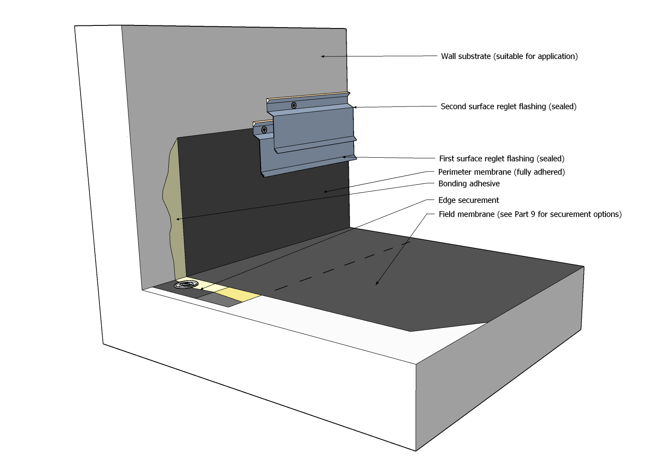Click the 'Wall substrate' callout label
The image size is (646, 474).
[509, 56]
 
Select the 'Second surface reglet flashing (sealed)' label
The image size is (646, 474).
[508, 106]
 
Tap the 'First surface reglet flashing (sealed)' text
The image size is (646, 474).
[502, 159]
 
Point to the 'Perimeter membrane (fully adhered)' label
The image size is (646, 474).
[501, 172]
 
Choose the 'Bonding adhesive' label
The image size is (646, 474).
[469, 184]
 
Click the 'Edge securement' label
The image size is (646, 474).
[469, 200]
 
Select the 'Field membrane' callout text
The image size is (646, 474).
[530, 214]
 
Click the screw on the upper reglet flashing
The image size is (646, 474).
[294, 105]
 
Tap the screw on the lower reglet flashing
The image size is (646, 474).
[264, 129]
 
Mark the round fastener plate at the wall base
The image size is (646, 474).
[186, 284]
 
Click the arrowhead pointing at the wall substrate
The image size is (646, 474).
[322, 56]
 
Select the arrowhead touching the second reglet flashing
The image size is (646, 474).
[354, 107]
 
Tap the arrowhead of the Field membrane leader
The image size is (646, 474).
[377, 284]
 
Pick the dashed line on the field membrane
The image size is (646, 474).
[342, 265]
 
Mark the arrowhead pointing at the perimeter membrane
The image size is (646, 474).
[326, 192]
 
